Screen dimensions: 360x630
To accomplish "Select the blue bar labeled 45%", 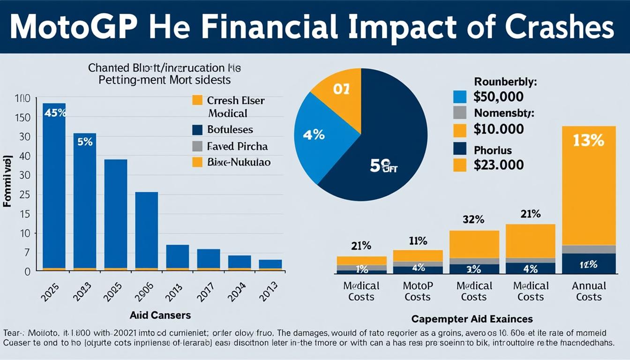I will point(54,187).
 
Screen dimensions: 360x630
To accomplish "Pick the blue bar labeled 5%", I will point(85,202).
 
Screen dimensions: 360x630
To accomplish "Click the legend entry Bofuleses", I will point(230,129).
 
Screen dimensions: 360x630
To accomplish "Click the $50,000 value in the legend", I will point(498,97).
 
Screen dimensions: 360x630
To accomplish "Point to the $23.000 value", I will point(498,165).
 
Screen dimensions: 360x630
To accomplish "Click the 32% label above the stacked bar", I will point(473,219).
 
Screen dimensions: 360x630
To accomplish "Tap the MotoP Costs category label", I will point(417,291).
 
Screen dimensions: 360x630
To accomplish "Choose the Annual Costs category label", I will point(589,291).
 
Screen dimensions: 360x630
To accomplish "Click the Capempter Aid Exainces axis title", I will point(472,319).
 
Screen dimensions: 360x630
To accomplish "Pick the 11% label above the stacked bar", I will point(418,241).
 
